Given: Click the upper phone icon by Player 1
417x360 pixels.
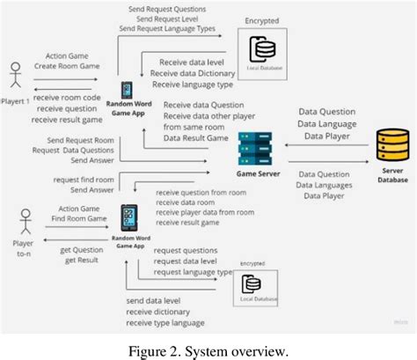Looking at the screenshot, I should coord(128,91).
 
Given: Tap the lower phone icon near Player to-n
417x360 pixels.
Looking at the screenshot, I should coord(130,217).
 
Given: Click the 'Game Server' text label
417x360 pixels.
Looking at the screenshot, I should coord(259,173).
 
